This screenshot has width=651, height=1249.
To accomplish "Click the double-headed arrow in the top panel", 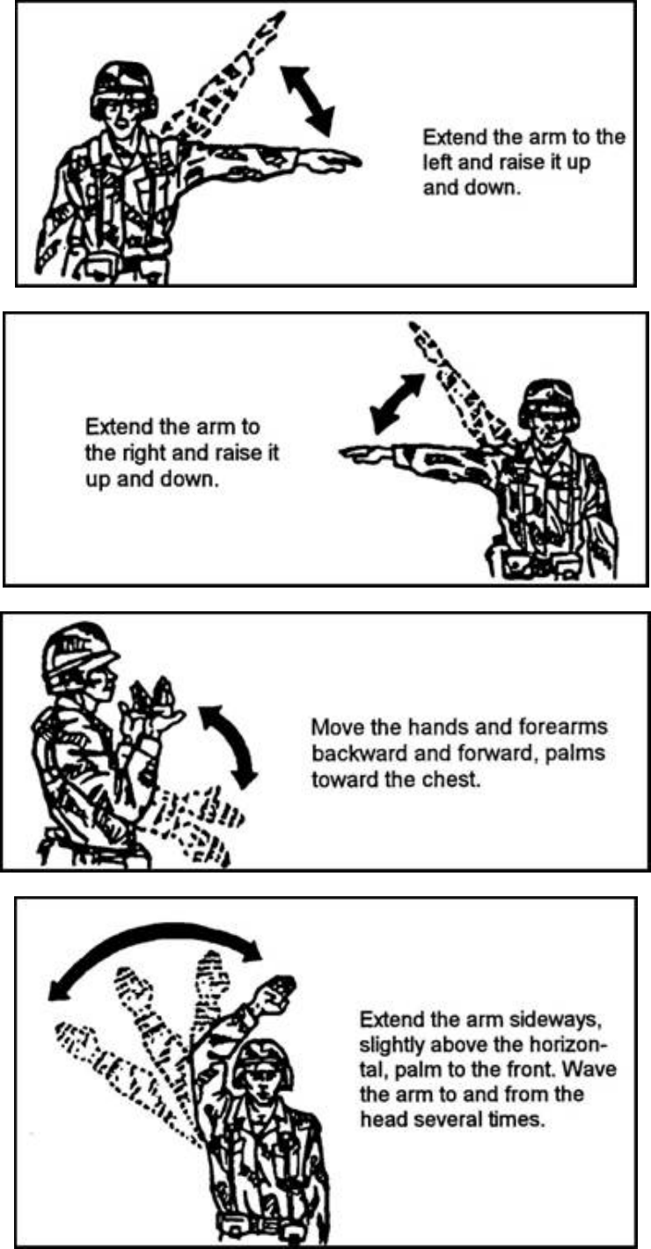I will [308, 98].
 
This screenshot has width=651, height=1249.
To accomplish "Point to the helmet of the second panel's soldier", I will [545, 400].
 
